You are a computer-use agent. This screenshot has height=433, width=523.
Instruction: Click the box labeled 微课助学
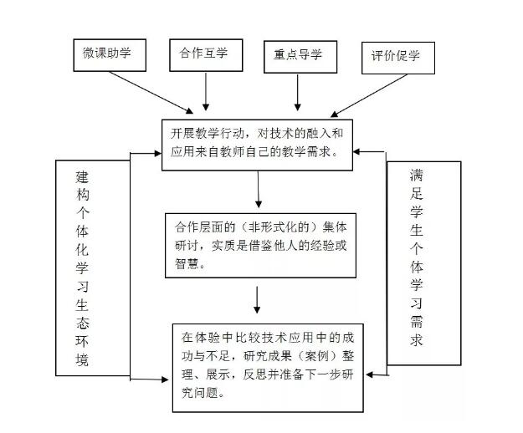[108, 54]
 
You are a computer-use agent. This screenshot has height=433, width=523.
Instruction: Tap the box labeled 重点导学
[298, 56]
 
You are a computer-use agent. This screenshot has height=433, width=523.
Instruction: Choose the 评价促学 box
[396, 58]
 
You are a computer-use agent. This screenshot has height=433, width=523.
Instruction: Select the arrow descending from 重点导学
[297, 92]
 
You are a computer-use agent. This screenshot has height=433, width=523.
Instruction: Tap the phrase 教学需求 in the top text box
[306, 153]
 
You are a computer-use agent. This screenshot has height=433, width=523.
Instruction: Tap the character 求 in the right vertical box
[417, 340]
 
